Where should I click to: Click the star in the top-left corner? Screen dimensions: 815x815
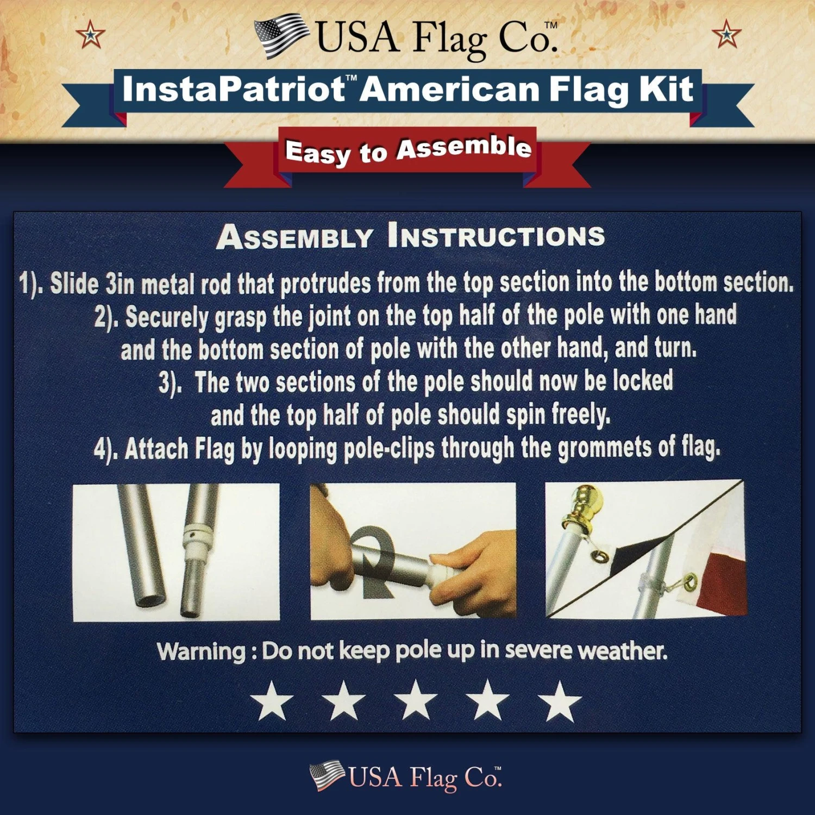click(90, 35)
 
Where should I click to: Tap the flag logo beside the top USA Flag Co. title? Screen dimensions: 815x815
click(280, 36)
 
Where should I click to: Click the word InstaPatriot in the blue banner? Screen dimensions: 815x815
click(233, 90)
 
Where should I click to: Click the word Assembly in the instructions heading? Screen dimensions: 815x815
click(294, 237)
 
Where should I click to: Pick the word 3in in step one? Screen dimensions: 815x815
click(120, 284)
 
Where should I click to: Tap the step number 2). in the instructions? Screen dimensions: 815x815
click(106, 318)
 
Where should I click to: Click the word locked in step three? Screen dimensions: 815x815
click(643, 380)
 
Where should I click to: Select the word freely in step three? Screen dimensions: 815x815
click(580, 415)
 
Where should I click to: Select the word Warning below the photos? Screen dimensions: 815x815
click(201, 651)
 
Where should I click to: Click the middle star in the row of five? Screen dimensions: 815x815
click(416, 701)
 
